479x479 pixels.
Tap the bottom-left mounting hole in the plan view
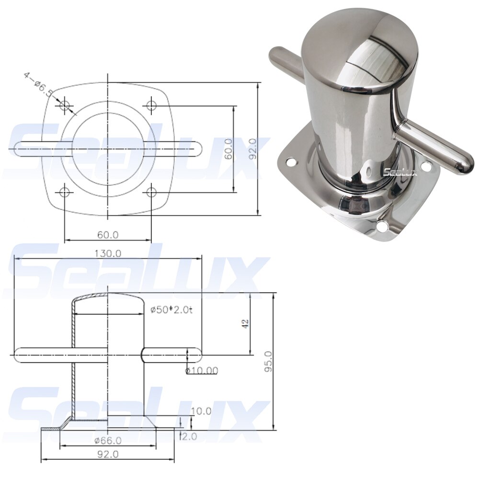[65, 193]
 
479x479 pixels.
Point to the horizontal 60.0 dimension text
[108, 235]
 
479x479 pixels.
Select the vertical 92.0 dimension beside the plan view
[252, 149]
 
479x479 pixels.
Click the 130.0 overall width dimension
[108, 253]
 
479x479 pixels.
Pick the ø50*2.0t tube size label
[171, 310]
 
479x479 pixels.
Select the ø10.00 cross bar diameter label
[201, 370]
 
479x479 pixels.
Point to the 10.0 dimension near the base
[201, 411]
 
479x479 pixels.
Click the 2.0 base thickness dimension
[189, 436]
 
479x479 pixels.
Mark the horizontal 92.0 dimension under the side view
[108, 454]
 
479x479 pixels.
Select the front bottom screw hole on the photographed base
[382, 226]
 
